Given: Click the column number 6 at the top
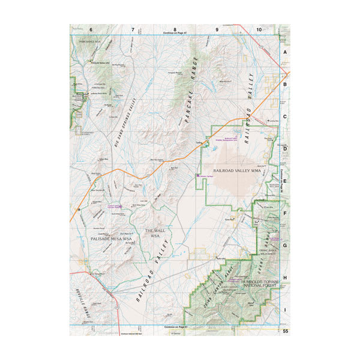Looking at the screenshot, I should (91, 29).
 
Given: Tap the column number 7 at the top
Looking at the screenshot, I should (133, 29).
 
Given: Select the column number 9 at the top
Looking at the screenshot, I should (217, 29).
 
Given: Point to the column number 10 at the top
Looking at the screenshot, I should (259, 29).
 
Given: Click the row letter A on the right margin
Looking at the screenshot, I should (285, 53).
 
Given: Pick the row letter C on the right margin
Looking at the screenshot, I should (285, 118).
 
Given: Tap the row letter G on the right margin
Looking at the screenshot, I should (285, 245).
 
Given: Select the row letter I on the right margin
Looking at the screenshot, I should (285, 310).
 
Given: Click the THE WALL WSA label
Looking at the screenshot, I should (154, 233).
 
